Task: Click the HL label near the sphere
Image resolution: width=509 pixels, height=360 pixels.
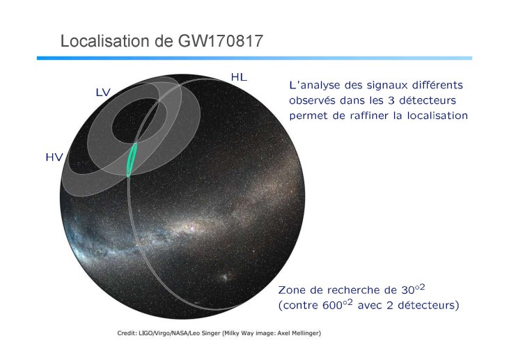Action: [x=239, y=77]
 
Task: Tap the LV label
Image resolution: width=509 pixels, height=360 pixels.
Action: [x=103, y=93]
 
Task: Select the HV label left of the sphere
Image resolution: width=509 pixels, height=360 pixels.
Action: [x=54, y=157]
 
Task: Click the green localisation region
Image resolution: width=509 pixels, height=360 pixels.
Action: [x=132, y=159]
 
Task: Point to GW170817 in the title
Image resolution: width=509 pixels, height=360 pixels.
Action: [x=221, y=41]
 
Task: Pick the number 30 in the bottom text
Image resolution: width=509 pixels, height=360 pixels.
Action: [x=408, y=290]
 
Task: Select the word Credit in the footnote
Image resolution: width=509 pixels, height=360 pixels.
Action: [x=126, y=333]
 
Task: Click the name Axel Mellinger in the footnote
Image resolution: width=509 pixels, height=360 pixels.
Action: [x=299, y=333]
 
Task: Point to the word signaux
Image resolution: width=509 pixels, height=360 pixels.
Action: [x=387, y=86]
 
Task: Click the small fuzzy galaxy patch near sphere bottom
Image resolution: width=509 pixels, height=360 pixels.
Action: [x=225, y=278]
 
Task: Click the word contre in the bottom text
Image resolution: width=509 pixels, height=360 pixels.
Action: [x=300, y=306]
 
